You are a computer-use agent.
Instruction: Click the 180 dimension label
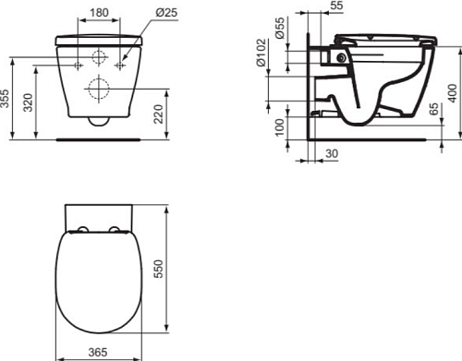[x=99, y=13]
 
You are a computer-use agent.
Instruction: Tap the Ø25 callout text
[x=166, y=12]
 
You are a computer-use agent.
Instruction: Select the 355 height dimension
[x=5, y=99]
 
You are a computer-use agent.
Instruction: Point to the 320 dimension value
[x=29, y=102]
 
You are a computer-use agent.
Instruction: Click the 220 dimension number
[x=158, y=114]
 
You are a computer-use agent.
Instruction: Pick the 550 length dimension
[x=158, y=269]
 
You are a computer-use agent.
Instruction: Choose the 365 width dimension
[x=98, y=352]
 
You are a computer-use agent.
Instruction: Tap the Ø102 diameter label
[x=261, y=53]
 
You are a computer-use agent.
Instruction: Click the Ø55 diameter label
[x=280, y=28]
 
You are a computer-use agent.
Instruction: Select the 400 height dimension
[x=453, y=93]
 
